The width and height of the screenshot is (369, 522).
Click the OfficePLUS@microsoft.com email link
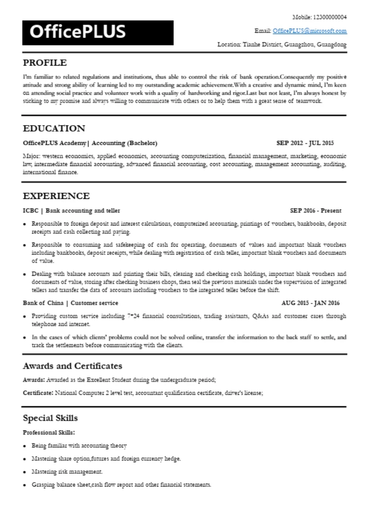(310, 31)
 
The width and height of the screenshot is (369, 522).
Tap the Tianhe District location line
(282, 45)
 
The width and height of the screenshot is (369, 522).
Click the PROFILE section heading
(45, 63)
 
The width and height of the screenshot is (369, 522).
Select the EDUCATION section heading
(54, 128)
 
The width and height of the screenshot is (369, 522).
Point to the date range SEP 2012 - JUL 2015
(304, 143)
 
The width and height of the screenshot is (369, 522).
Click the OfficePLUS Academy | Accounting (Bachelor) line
(90, 143)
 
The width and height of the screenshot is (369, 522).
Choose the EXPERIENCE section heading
(56, 196)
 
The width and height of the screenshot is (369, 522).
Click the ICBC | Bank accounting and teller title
(72, 210)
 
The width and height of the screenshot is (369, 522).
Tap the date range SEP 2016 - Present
(315, 210)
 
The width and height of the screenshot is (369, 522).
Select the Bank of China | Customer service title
(71, 303)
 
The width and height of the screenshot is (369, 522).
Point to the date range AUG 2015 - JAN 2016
(318, 303)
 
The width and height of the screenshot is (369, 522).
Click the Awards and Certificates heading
(72, 366)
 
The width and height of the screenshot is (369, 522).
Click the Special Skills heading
(50, 418)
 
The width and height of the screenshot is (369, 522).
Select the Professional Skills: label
(49, 432)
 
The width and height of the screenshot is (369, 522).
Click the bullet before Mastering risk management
(26, 472)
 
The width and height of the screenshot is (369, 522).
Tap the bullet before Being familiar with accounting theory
(26, 446)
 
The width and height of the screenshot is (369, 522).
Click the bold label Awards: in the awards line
(34, 380)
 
